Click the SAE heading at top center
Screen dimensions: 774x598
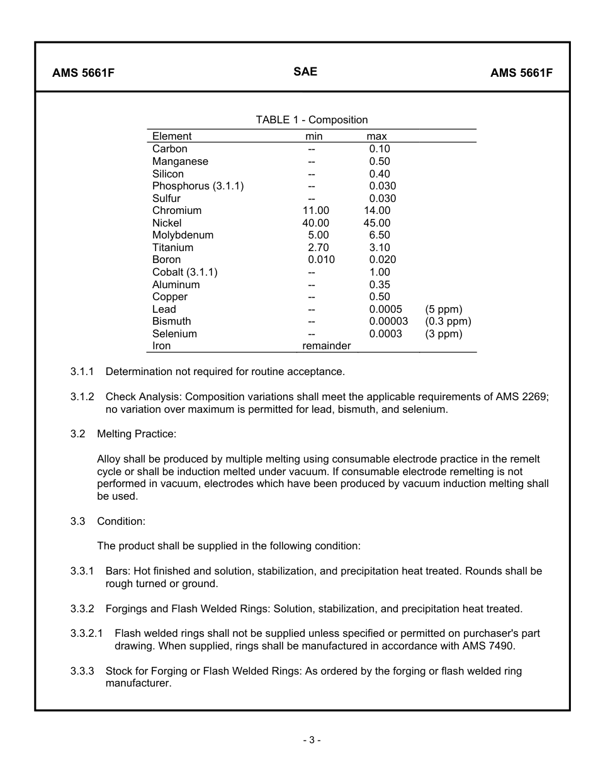pos(305,72)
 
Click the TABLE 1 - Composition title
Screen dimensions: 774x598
pos(312,120)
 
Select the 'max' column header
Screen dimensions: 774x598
pos(376,137)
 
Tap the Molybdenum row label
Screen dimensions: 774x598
pos(183,235)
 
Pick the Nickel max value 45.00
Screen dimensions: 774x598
pos(377,223)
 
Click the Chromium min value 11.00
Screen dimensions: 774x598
pos(315,211)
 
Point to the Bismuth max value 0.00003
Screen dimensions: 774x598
pos(388,322)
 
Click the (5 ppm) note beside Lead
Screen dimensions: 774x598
pos(443,310)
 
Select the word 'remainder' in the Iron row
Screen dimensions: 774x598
pos(327,346)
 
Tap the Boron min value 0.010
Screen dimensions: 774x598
pos(321,260)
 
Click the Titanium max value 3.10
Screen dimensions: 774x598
pos(380,248)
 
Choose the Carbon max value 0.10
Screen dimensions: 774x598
pos(380,149)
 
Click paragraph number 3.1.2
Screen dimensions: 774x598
pos(82,397)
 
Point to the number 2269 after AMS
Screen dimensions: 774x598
pos(535,397)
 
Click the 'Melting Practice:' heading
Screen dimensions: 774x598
pos(137,434)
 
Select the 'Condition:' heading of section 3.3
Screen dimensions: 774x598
pos(121,522)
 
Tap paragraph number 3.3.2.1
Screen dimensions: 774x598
pos(87,634)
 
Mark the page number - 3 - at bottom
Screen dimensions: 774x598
pos(312,741)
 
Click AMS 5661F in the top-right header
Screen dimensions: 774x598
pos(521,72)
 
